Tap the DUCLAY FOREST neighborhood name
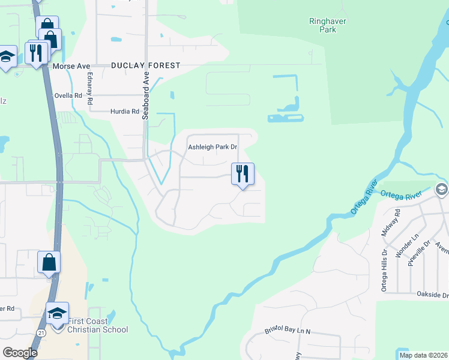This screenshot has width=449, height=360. (x=145, y=65)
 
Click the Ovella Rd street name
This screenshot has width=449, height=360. (x=68, y=95)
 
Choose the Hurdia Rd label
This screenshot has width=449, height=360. (x=124, y=112)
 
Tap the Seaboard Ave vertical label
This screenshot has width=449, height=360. (x=145, y=97)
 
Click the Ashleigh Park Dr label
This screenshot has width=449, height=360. (x=213, y=146)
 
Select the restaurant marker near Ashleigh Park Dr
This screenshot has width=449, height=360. (x=243, y=174)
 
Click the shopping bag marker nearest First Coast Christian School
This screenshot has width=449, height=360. (x=49, y=263)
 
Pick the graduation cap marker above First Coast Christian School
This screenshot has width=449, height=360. (x=58, y=314)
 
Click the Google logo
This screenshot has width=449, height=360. (x=20, y=353)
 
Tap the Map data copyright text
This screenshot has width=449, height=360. (x=423, y=355)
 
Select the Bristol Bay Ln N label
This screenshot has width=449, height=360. (x=288, y=331)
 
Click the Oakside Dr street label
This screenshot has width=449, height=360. (x=432, y=295)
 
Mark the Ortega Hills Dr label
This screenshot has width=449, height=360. (x=384, y=271)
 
